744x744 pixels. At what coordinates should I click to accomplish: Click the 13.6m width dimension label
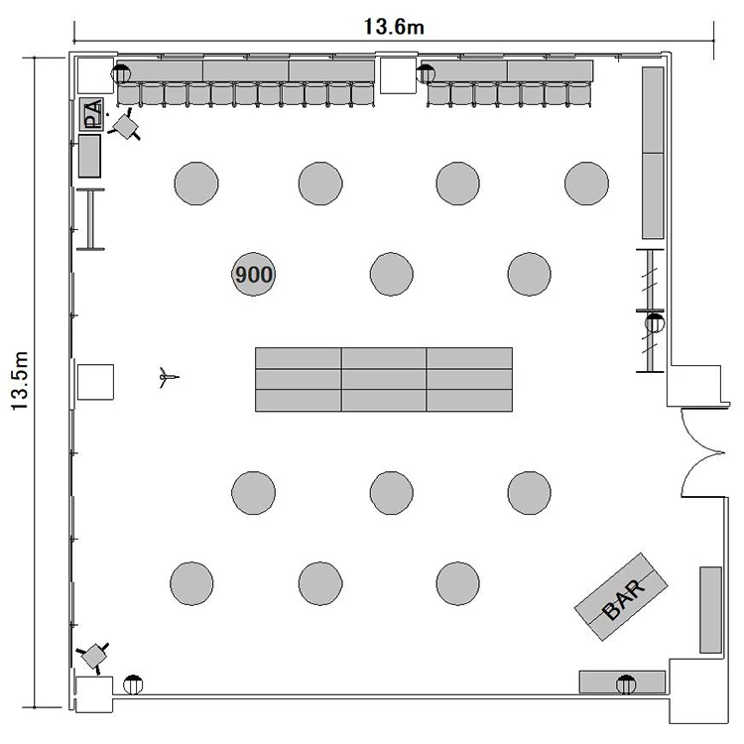(x=394, y=27)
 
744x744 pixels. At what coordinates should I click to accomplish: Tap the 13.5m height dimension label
(x=21, y=381)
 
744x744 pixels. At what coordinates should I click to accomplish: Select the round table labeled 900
(x=253, y=274)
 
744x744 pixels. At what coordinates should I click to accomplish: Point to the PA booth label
(x=92, y=114)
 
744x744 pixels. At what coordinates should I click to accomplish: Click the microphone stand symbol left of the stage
(x=168, y=377)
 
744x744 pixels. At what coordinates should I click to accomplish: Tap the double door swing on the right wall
(x=702, y=452)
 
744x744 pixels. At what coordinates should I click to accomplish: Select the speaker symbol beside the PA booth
(x=126, y=126)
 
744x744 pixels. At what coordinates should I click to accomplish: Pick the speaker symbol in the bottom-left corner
(x=93, y=657)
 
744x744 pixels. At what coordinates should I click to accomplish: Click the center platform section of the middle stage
(x=383, y=379)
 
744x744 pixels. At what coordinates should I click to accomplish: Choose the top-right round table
(x=586, y=184)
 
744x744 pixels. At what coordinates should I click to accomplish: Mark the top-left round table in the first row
(x=196, y=184)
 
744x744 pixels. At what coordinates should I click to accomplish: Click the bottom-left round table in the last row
(x=191, y=583)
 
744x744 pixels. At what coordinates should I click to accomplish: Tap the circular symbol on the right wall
(x=655, y=323)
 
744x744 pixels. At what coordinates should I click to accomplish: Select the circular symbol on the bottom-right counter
(x=626, y=684)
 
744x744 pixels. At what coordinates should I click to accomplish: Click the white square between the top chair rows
(x=398, y=76)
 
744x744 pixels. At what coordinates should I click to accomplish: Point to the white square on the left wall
(x=95, y=382)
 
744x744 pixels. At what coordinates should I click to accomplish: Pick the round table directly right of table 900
(x=392, y=274)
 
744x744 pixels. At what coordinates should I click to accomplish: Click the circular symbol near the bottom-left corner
(x=133, y=684)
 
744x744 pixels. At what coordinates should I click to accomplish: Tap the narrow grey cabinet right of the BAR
(x=711, y=610)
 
